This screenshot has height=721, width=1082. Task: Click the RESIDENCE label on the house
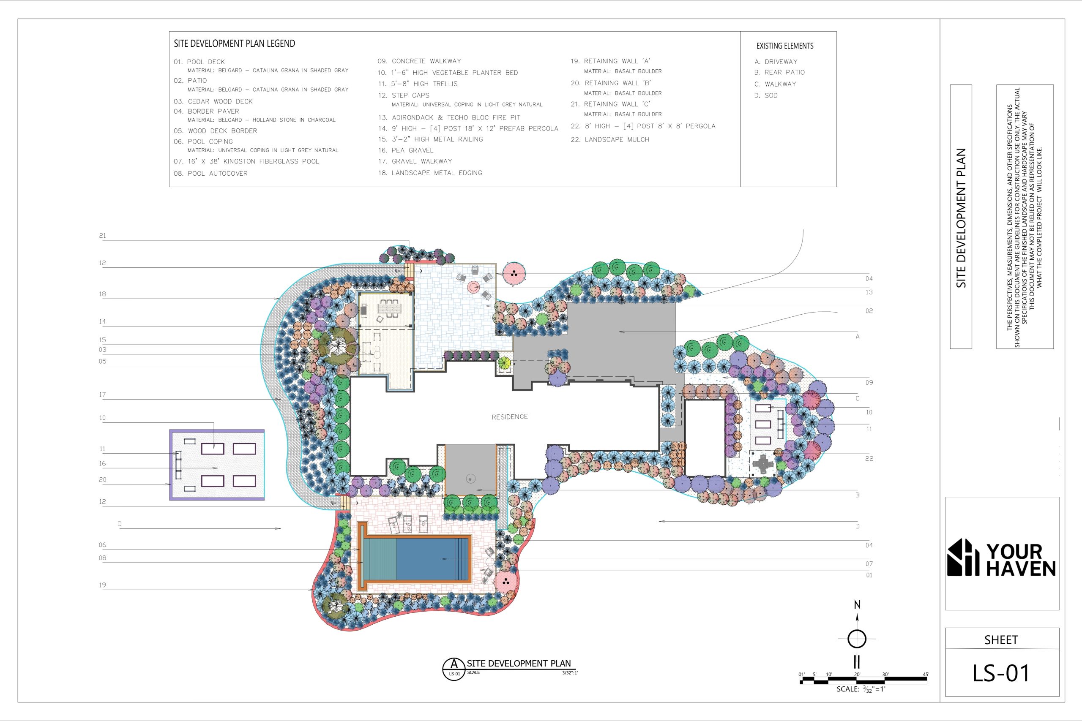point(509,416)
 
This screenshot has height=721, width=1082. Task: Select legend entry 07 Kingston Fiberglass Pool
point(246,161)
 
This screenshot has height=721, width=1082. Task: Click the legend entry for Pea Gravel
point(405,150)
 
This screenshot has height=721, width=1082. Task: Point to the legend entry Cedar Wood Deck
point(213,101)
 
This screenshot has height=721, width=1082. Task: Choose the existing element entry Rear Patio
point(779,72)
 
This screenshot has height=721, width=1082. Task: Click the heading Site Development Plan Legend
point(234,44)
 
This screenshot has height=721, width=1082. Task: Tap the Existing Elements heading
point(785,46)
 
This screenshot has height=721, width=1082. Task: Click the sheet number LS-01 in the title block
point(1001,673)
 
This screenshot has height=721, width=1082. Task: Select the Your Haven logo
point(1001,557)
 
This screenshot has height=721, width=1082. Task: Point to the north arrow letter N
point(857,605)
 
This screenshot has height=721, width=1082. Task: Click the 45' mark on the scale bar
point(926,675)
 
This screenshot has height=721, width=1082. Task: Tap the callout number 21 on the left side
point(103,236)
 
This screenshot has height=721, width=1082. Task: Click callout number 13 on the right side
point(869,292)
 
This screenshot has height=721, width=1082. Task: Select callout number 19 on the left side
point(103,585)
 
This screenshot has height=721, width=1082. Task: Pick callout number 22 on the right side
point(869,458)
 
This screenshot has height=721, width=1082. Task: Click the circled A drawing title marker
point(454,669)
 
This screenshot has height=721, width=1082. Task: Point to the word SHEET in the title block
point(1001,639)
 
